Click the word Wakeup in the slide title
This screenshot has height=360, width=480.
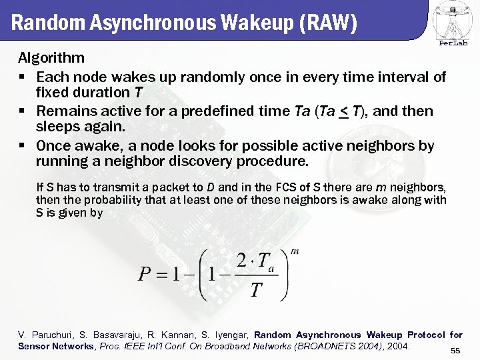pos(248,23)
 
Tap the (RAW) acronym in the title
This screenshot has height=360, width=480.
pos(329,23)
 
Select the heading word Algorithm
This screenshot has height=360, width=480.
pos(51,58)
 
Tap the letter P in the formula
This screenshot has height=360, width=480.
pos(145,275)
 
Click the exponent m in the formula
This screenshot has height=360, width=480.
pos(295,252)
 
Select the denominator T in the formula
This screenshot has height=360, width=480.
pos(255,291)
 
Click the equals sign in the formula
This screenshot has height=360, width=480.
pos(162,275)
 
